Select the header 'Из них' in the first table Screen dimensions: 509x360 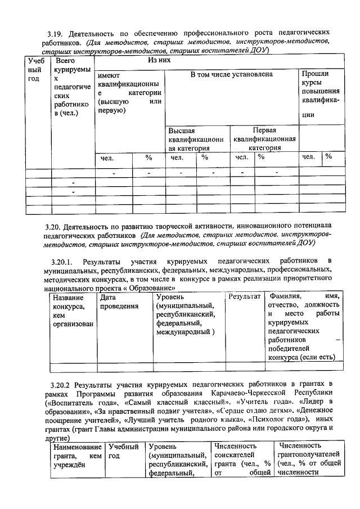coord(159,60)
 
